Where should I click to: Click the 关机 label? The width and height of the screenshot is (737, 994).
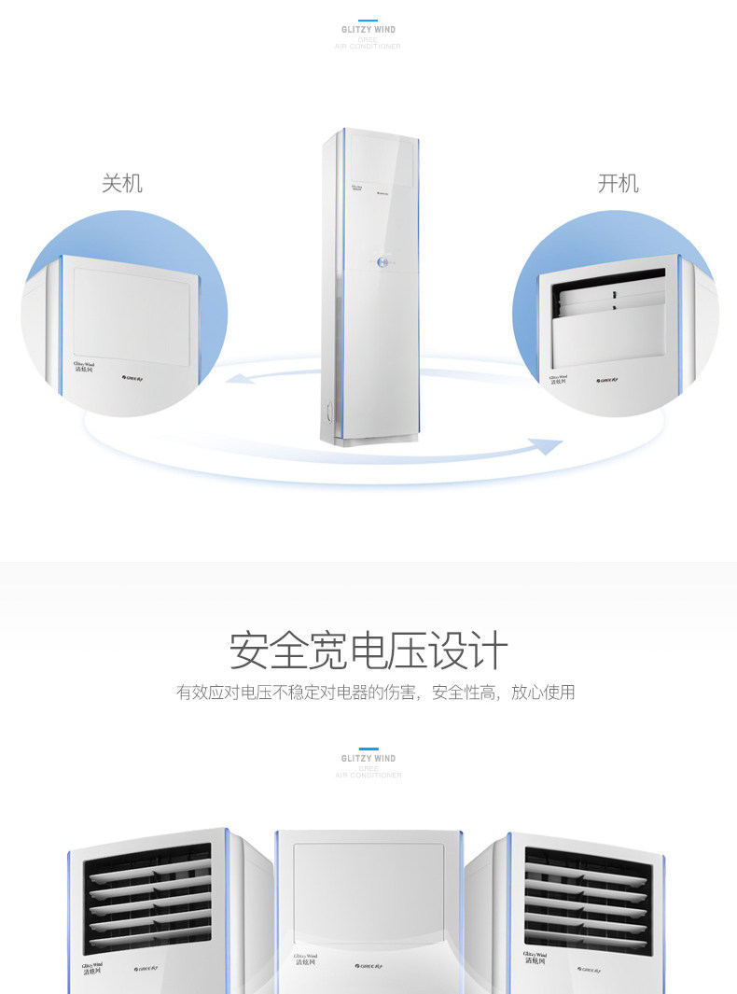tap(122, 183)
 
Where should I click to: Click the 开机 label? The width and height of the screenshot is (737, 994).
tap(618, 183)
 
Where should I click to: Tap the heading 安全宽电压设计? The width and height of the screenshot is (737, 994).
tap(368, 651)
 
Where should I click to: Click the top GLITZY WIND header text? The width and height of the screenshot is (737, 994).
tap(368, 30)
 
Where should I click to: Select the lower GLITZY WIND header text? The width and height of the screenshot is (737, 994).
tap(368, 759)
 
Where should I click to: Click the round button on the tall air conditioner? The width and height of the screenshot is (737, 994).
tap(382, 264)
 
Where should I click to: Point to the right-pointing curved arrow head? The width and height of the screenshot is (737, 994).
tap(550, 446)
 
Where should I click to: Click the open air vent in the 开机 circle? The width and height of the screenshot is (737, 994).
tap(610, 296)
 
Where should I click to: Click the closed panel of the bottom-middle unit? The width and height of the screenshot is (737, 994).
tap(368, 891)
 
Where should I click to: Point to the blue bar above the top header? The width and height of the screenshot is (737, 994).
tap(368, 20)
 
